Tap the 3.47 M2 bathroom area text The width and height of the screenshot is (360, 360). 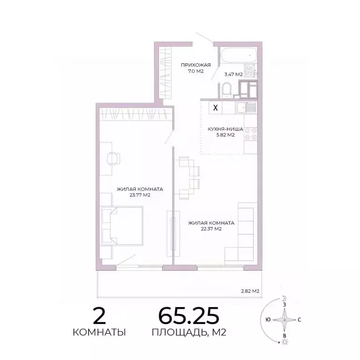click(233, 74)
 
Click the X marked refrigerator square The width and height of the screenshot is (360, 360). click(215, 107)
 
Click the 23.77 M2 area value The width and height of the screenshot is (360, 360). click(139, 196)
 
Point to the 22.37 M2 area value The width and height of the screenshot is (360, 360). click(210, 230)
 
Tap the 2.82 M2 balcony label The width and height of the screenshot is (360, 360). click(250, 291)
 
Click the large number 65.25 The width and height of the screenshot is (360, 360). click(188, 317)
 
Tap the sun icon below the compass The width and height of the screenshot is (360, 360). click(284, 343)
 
